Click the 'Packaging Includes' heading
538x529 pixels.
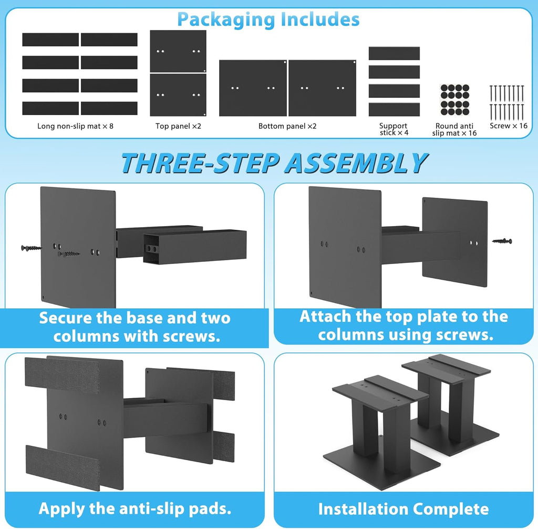tap(268, 19)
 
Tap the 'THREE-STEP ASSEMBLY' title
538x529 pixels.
tap(273, 163)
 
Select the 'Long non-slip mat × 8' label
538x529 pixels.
tap(75, 126)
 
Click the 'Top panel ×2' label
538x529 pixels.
tap(178, 126)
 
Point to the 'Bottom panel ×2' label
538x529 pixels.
tap(287, 126)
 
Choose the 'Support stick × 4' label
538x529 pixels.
tap(394, 129)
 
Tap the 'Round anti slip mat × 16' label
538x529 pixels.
tap(454, 129)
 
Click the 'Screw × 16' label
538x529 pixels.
tap(508, 126)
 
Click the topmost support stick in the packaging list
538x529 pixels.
tap(394, 54)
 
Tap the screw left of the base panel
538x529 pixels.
tap(30, 248)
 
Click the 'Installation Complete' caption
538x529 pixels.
tap(403, 509)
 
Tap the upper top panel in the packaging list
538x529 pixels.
tap(178, 51)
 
